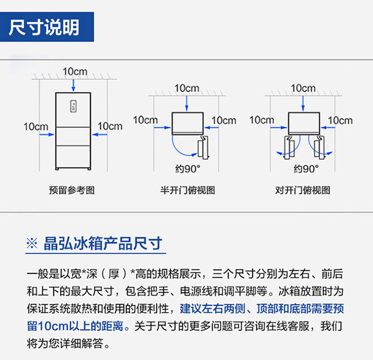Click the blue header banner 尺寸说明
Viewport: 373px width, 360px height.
click(47, 27)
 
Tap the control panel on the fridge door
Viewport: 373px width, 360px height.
click(73, 106)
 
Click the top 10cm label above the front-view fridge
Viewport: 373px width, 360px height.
click(75, 71)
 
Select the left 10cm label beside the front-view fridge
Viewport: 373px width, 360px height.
click(36, 126)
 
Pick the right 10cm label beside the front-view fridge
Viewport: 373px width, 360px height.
click(110, 126)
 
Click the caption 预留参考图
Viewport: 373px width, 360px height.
click(72, 190)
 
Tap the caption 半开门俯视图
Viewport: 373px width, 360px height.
click(187, 190)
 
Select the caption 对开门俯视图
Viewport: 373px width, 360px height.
click(302, 190)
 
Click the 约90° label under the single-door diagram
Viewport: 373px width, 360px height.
click(187, 169)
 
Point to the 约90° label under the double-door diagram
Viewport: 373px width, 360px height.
click(306, 169)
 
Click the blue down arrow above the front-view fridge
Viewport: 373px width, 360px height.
click(74, 85)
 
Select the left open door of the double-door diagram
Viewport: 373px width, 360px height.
click(290, 147)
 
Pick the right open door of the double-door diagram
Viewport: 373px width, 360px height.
click(318, 147)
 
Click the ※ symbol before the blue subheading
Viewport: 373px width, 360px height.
click(32, 243)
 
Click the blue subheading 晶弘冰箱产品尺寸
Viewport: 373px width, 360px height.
click(103, 243)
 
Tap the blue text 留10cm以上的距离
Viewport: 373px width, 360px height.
click(75, 326)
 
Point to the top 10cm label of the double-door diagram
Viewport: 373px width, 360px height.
click(303, 88)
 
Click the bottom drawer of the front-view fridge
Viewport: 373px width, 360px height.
click(73, 157)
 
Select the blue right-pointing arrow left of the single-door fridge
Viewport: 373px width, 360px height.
click(163, 127)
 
